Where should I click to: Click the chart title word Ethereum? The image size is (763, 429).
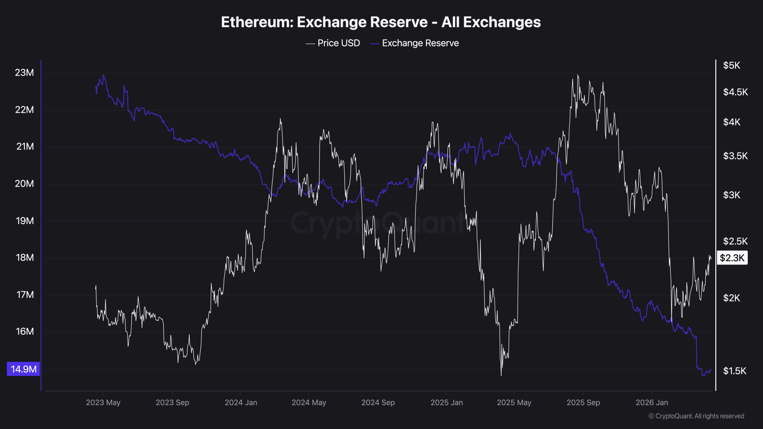coord(257,22)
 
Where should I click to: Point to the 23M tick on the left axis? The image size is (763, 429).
coord(24,73)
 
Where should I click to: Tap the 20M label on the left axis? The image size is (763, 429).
coord(24,184)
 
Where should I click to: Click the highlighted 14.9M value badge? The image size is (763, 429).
coord(24,369)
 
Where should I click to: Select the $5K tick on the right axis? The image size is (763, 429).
coord(731,65)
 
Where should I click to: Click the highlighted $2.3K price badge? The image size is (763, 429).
coord(732,258)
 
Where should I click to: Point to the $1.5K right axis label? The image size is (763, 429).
coord(734,371)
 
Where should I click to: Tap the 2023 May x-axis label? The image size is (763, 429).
coord(103,402)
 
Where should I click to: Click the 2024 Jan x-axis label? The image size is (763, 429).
coord(241,402)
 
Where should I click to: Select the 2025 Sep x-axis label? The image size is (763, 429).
coord(583,402)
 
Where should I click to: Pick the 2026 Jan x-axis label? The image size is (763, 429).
coord(652,402)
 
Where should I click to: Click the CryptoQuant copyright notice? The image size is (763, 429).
coord(696,416)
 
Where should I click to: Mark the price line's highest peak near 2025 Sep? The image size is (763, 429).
coord(578,75)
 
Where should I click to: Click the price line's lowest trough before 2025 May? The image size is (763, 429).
coord(501,375)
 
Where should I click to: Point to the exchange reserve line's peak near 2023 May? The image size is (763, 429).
coord(103,75)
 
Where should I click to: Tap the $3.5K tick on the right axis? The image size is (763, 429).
coord(735,156)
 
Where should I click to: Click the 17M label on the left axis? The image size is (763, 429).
coord(25,295)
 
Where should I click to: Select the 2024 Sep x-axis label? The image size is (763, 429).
coord(378,402)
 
